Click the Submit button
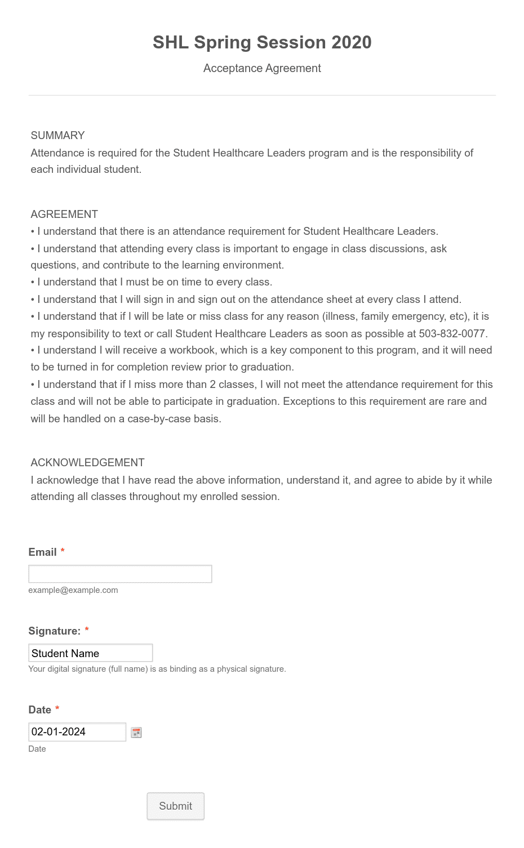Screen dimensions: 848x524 click(175, 806)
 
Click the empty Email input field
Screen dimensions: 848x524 click(120, 574)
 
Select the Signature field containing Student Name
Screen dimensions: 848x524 click(90, 653)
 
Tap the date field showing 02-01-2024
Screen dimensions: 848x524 click(77, 732)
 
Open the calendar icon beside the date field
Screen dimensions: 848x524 click(136, 733)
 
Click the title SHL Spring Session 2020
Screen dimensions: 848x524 click(262, 42)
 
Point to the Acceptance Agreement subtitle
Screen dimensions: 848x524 click(262, 68)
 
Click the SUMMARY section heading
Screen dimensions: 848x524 click(57, 135)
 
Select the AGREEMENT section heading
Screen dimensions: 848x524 click(64, 214)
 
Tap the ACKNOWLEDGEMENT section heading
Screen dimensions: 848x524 click(87, 462)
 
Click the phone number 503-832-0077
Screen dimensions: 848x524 click(452, 333)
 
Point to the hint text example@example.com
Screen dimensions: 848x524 click(73, 590)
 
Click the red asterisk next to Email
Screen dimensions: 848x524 click(63, 551)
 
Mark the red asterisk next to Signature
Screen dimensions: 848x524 click(87, 630)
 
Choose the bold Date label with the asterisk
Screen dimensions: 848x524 click(40, 709)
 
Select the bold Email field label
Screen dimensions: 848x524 click(42, 552)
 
